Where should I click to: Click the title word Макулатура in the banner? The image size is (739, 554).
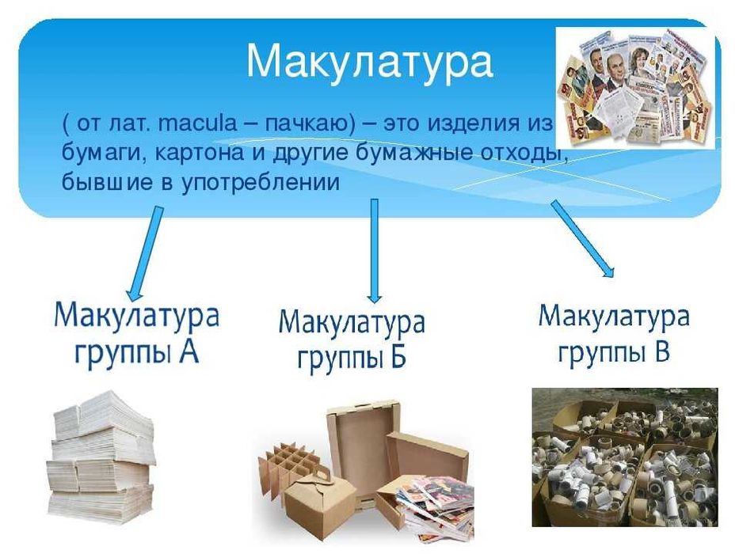pyautogui.click(x=369, y=61)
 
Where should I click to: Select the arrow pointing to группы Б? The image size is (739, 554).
pyautogui.click(x=375, y=249)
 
